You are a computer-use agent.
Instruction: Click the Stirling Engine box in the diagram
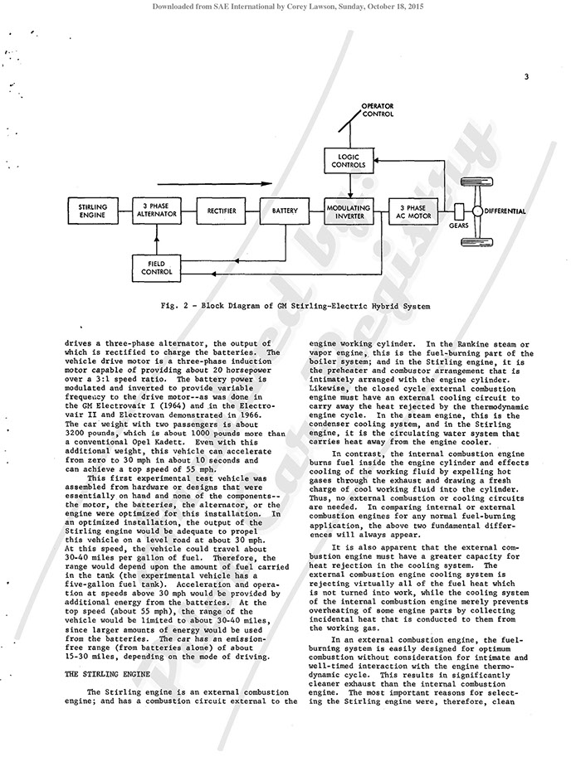[87, 212]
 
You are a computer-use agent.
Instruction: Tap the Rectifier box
[222, 212]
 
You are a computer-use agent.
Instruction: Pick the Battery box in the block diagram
[285, 212]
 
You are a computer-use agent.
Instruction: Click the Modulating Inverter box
[349, 212]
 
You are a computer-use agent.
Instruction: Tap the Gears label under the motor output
[458, 226]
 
